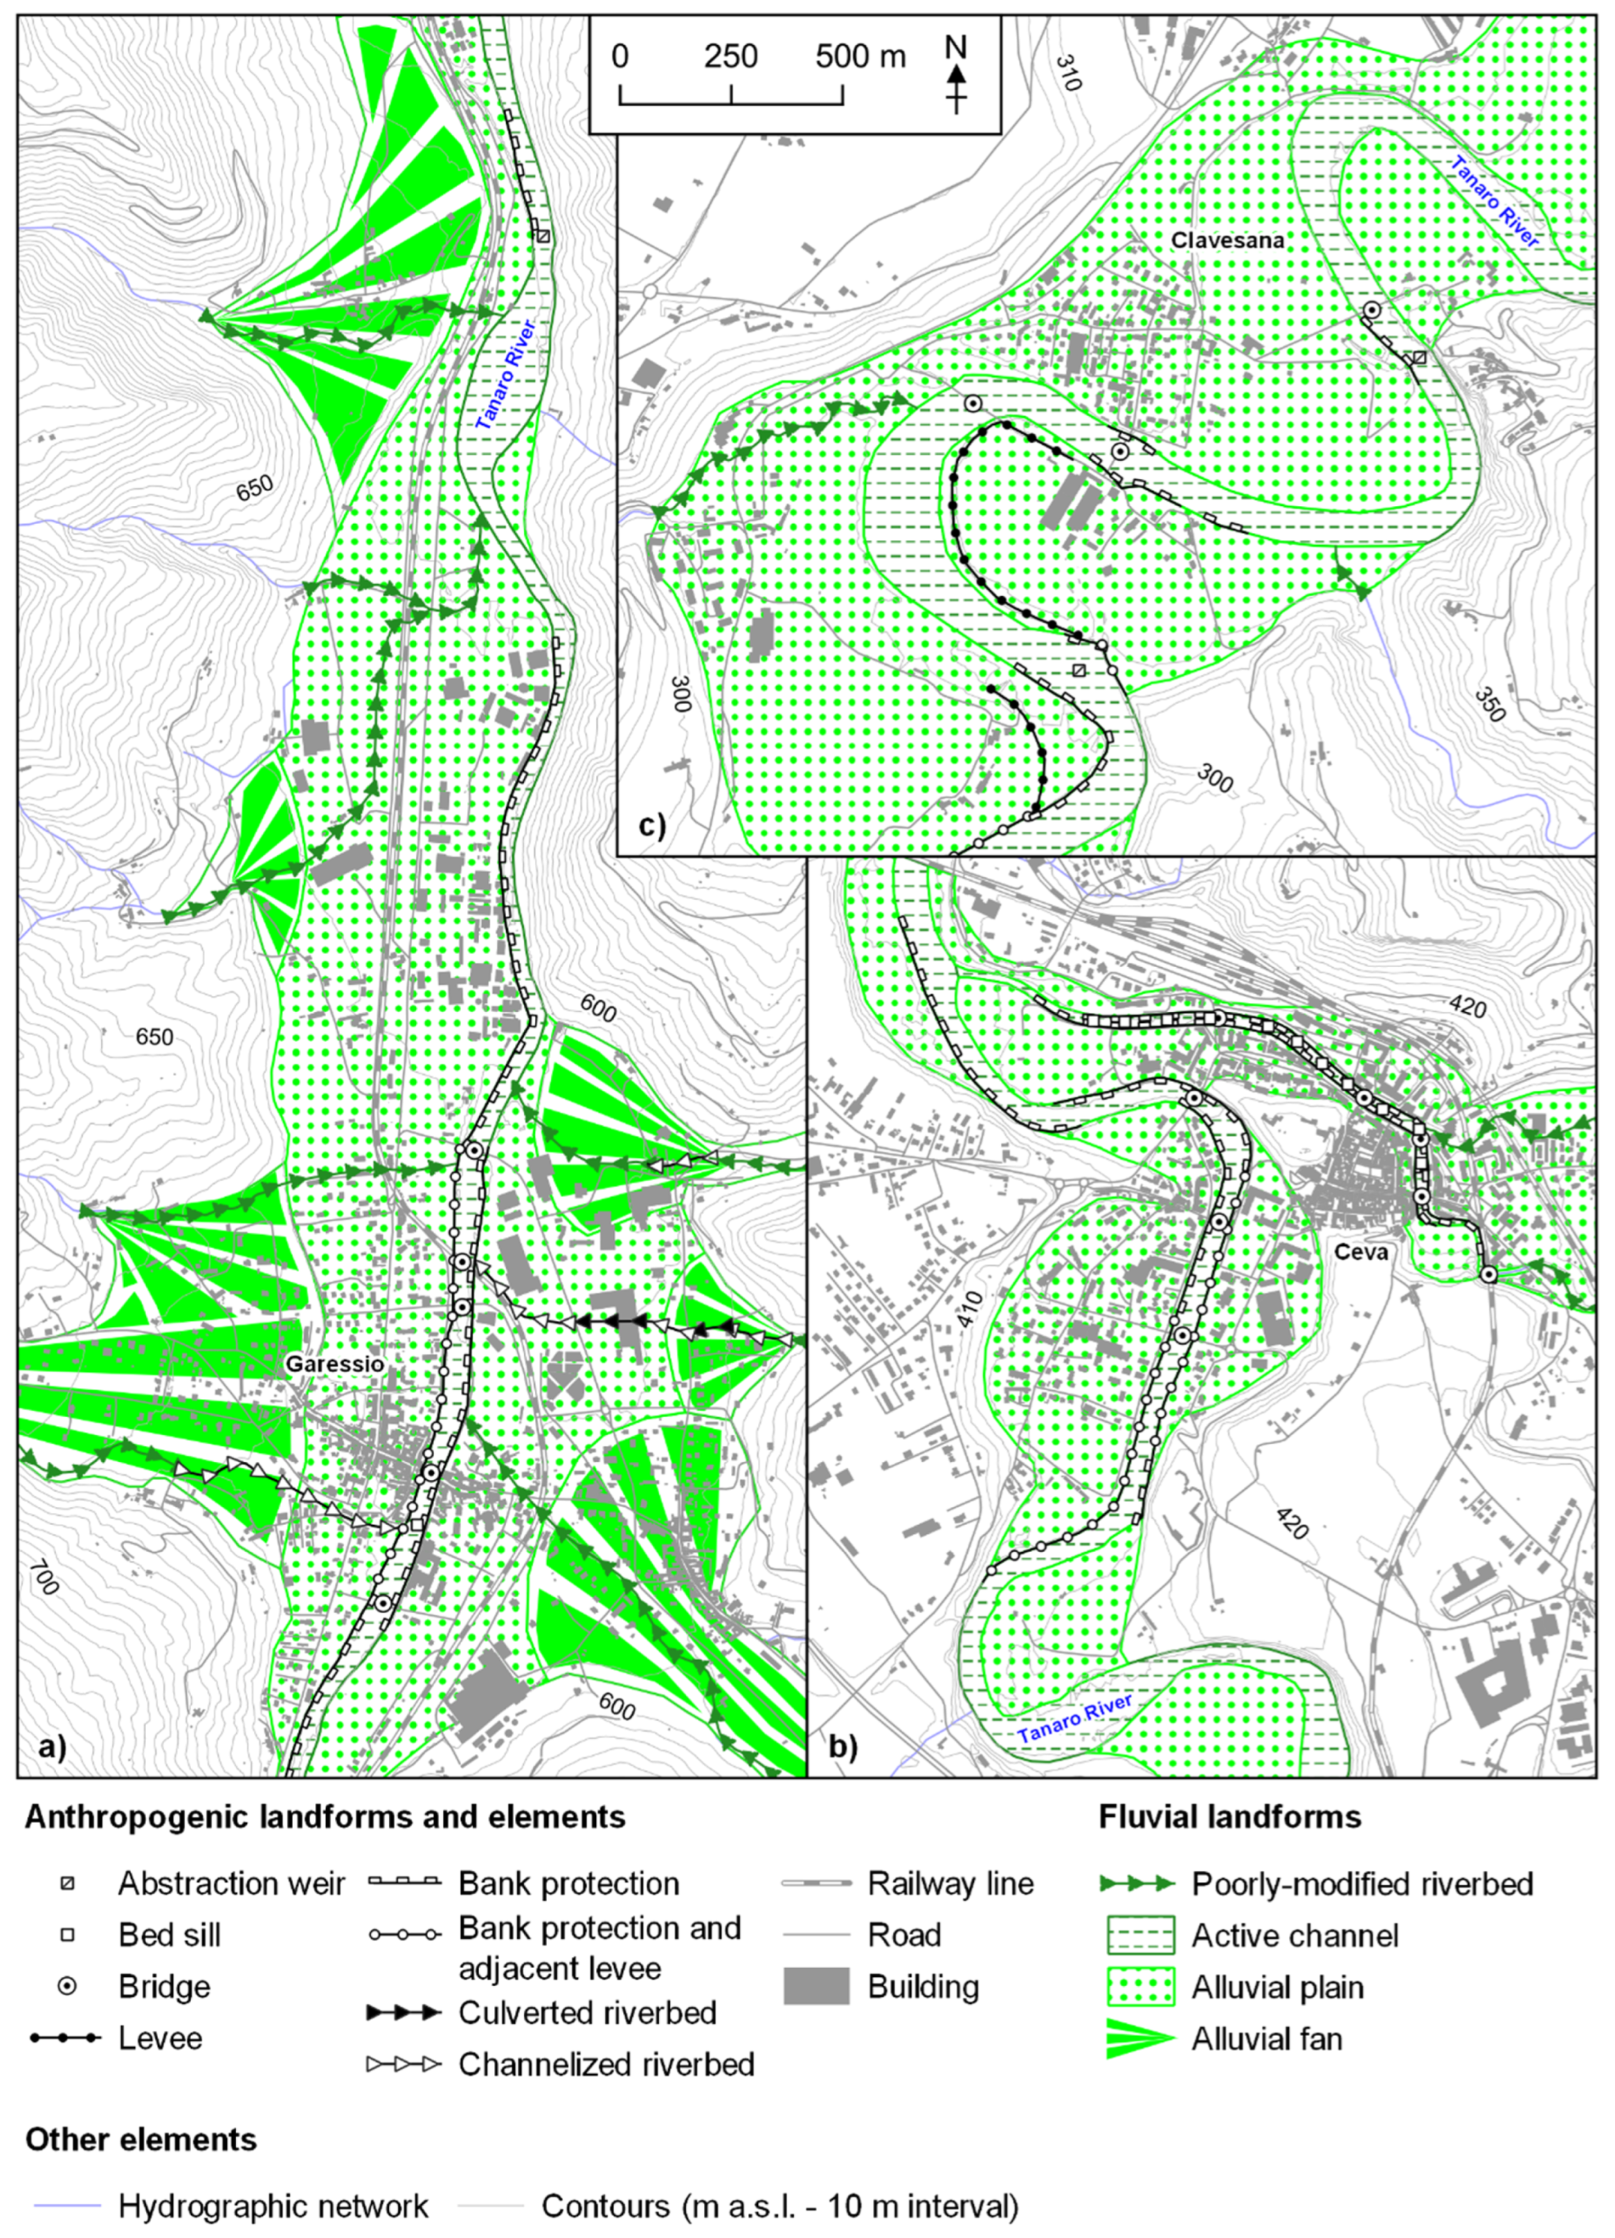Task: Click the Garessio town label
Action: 334,1363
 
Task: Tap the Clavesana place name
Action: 1226,240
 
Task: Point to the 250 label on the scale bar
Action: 730,56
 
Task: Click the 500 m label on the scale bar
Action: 860,56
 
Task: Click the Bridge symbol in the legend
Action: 68,1986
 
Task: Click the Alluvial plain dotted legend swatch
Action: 1138,1986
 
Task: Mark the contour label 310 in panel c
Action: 1068,72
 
